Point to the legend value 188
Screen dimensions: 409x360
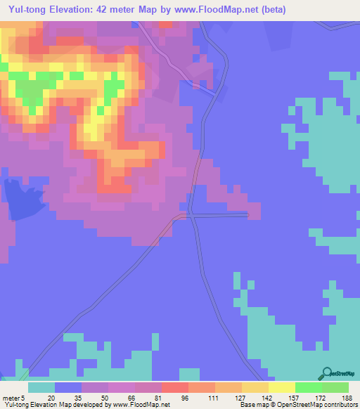(x=347, y=398)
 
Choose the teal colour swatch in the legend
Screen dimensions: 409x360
(x=41, y=387)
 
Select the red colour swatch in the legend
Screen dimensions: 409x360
(x=174, y=387)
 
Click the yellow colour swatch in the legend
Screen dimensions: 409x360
(x=281, y=387)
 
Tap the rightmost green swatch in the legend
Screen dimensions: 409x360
(x=335, y=387)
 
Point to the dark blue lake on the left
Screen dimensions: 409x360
(x=19, y=199)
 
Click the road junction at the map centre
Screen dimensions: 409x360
(x=191, y=215)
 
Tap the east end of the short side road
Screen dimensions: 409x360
(x=247, y=215)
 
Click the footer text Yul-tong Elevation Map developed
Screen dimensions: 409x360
(x=56, y=405)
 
